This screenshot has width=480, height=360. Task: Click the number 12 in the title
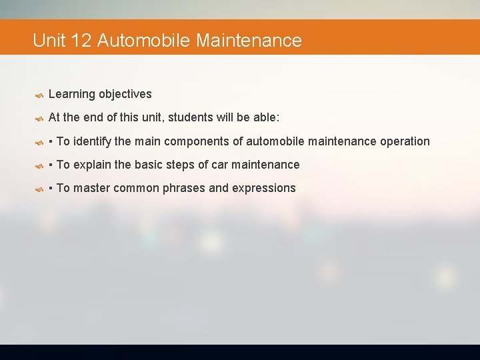click(80, 41)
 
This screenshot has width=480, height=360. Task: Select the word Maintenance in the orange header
click(249, 41)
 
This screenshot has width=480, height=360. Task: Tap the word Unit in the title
click(49, 41)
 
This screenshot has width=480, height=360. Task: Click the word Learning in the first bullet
click(71, 94)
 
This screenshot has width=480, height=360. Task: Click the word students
click(190, 117)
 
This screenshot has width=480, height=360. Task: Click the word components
click(203, 141)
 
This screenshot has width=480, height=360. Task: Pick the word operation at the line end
click(405, 141)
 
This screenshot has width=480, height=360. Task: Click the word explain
click(93, 164)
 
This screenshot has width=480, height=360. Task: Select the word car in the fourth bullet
click(219, 164)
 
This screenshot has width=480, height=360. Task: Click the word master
click(92, 187)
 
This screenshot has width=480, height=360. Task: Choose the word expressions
click(264, 187)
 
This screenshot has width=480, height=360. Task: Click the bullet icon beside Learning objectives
click(39, 95)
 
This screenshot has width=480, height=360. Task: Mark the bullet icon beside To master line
click(39, 188)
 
